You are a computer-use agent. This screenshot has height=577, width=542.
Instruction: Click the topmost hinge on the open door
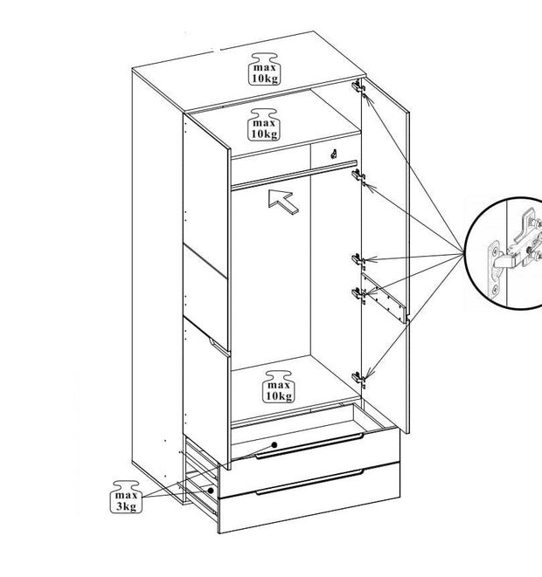358,86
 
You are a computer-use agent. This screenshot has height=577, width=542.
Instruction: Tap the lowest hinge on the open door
358,377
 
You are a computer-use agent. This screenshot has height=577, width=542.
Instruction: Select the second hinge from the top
358,177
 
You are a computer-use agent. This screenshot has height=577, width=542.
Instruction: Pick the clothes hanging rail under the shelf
293,172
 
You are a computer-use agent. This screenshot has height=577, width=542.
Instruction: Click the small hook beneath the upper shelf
335,153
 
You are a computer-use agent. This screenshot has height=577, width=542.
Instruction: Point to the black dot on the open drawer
275,444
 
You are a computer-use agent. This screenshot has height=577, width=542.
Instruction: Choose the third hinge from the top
358,258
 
